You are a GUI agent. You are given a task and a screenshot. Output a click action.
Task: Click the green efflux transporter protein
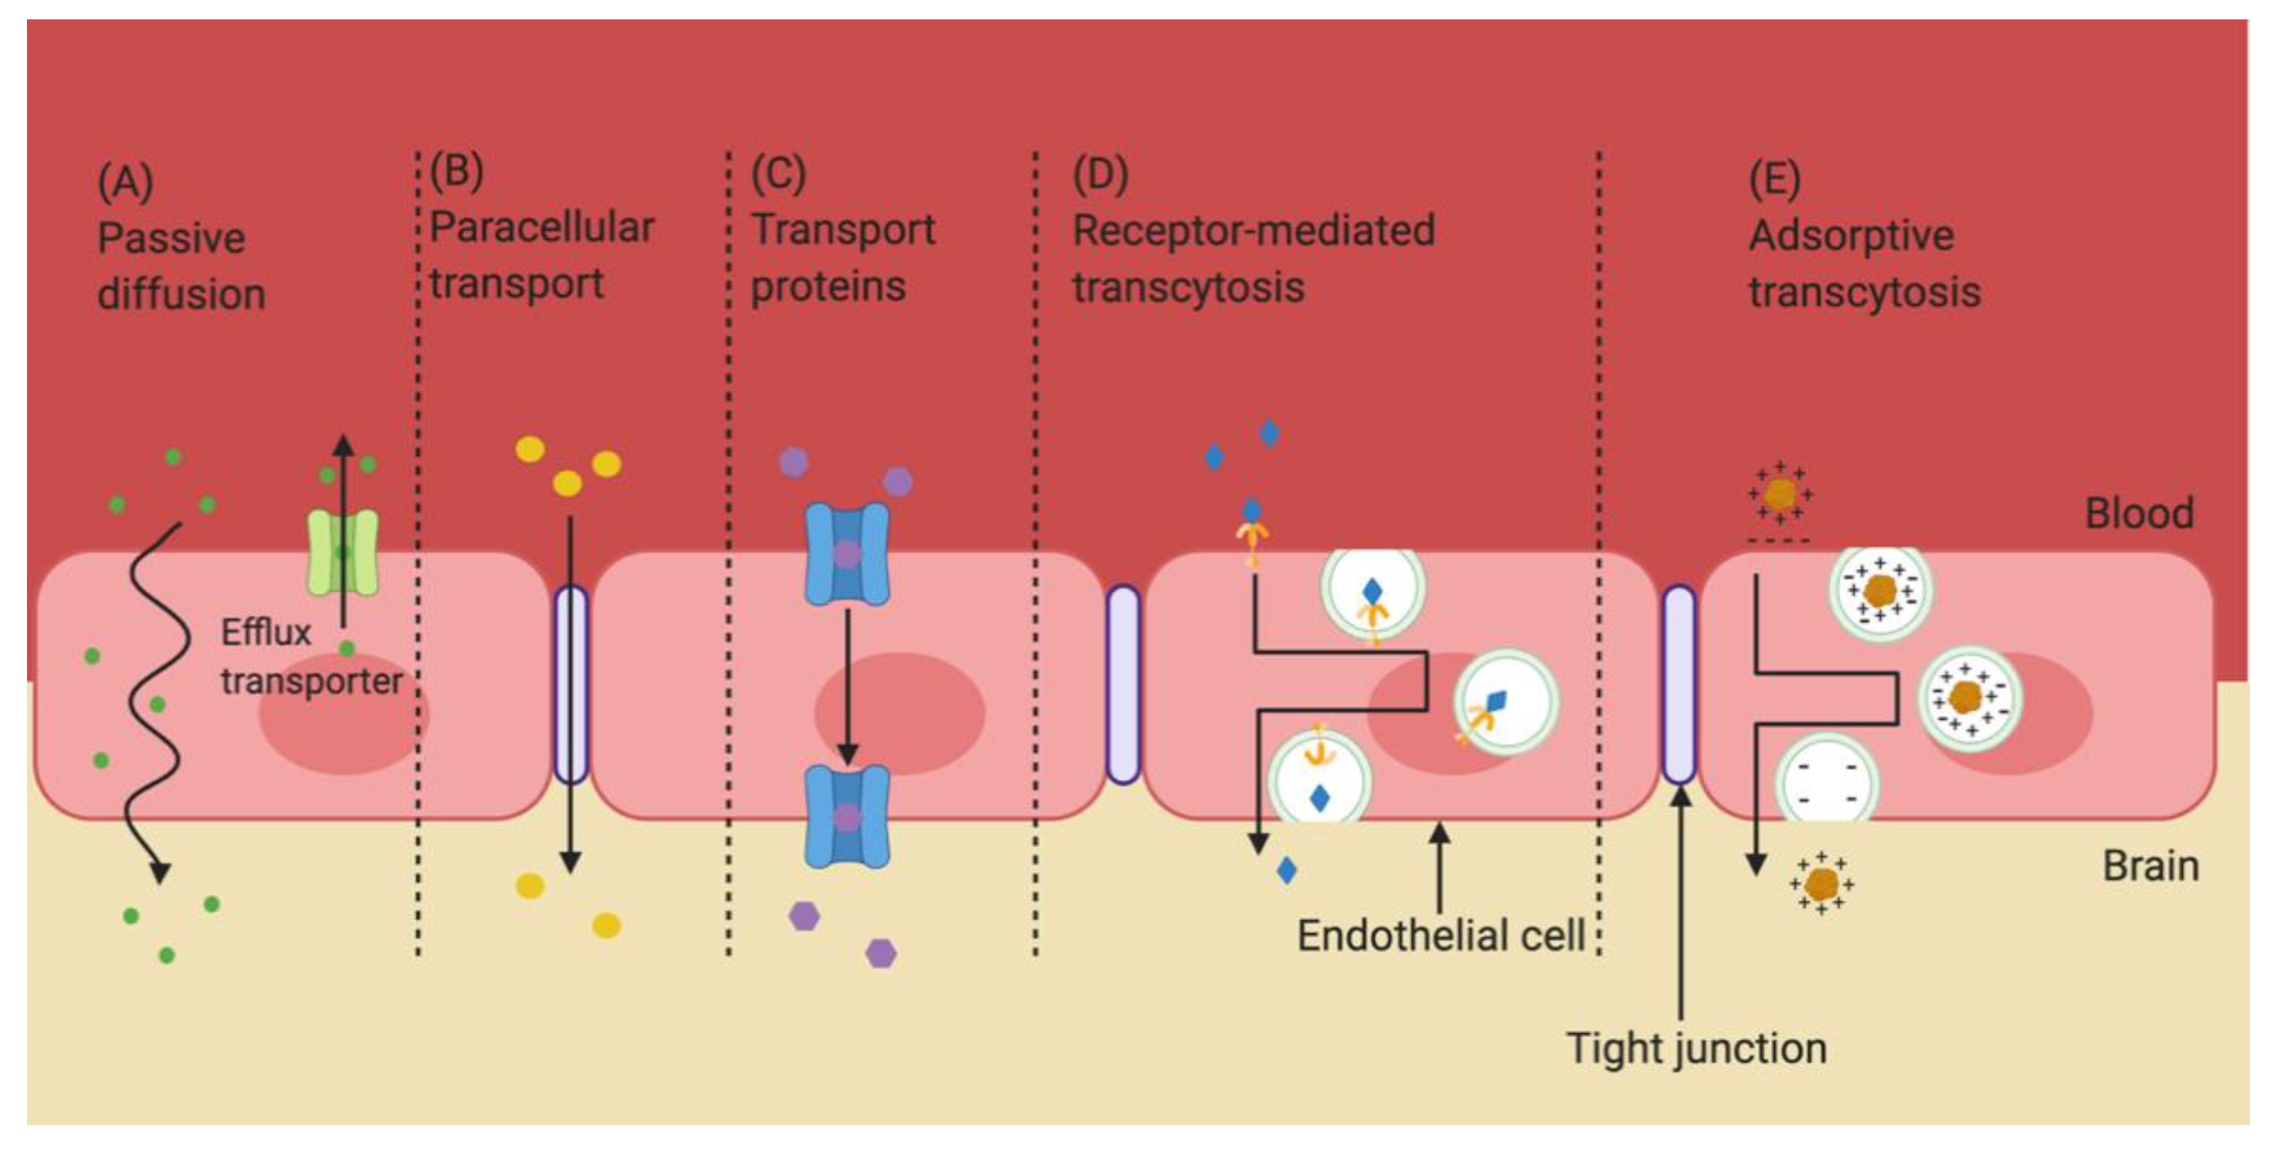[x=343, y=552]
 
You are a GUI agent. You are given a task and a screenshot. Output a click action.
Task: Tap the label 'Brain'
[x=2150, y=866]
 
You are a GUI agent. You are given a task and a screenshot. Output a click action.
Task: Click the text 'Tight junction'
[x=1696, y=1048]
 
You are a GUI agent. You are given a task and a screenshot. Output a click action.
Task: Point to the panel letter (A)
[x=126, y=182]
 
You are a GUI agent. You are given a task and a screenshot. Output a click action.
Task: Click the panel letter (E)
[x=1774, y=180]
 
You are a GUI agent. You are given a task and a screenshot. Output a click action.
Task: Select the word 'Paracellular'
[x=541, y=228]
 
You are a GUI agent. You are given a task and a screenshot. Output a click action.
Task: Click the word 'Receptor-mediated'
[x=1254, y=231]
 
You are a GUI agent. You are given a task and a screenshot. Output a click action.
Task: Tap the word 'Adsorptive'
[x=1851, y=236]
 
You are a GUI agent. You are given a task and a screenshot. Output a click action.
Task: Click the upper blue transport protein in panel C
[x=847, y=555]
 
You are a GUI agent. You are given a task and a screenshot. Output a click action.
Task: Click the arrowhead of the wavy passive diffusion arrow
[x=159, y=873]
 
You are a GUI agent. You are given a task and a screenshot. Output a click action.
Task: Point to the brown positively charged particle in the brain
[x=1821, y=883]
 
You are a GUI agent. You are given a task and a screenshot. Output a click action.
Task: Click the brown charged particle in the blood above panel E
[x=1779, y=493]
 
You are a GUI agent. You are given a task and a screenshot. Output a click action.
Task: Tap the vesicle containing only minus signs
[x=1826, y=783]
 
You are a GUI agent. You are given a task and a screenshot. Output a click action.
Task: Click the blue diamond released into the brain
[x=1286, y=870]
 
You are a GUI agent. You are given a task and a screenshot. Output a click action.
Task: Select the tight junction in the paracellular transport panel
[x=571, y=685]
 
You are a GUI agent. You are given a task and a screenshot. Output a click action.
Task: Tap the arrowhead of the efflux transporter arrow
[x=343, y=443]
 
